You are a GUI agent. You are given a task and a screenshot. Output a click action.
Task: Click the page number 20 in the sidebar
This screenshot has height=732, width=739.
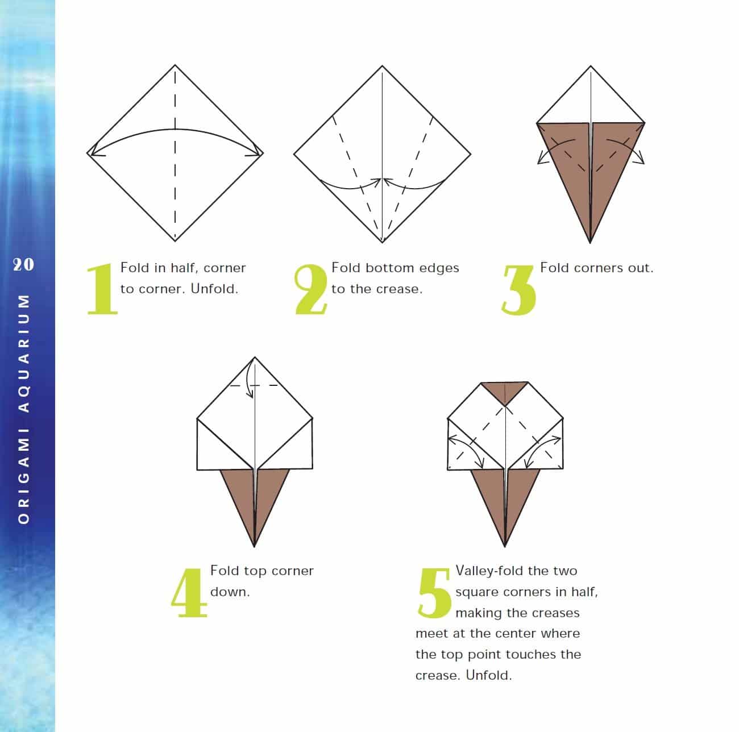(x=23, y=264)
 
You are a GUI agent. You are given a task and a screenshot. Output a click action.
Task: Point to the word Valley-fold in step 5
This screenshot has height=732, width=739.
(x=488, y=571)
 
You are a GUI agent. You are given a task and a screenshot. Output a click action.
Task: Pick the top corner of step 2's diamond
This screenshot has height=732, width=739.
(x=383, y=66)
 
